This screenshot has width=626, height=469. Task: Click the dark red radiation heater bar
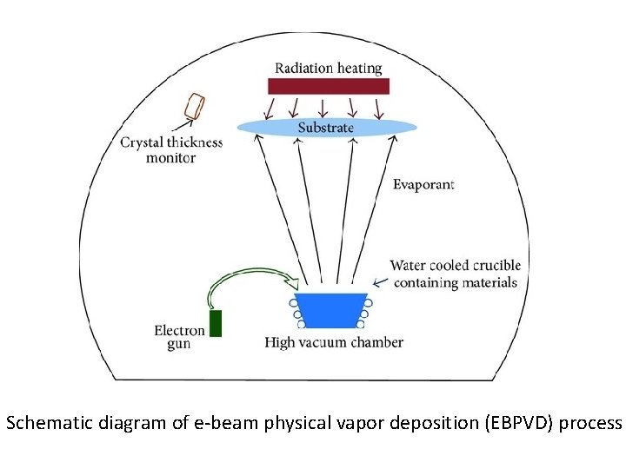click(x=328, y=86)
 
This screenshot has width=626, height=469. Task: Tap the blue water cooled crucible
click(x=330, y=310)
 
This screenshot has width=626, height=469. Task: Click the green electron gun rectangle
click(x=216, y=322)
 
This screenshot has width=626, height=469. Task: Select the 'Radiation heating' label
click(x=328, y=68)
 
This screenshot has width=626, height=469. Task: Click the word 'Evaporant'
click(x=423, y=184)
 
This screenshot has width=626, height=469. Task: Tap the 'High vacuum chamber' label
click(x=334, y=342)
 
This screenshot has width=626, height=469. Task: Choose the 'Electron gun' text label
click(x=179, y=337)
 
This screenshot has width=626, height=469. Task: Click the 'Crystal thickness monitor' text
click(x=171, y=150)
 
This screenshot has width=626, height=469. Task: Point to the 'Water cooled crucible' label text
click(x=455, y=274)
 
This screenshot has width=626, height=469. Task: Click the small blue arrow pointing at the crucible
click(x=379, y=281)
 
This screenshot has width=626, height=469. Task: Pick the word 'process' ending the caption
click(x=590, y=424)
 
